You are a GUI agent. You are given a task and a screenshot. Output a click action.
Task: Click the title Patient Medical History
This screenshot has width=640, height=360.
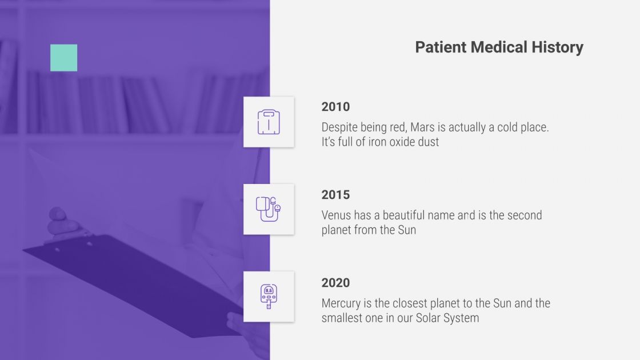pos(499,47)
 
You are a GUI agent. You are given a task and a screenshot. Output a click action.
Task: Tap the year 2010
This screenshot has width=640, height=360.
pos(335,107)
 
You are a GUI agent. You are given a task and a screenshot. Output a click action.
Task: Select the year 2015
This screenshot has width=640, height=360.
pos(335,195)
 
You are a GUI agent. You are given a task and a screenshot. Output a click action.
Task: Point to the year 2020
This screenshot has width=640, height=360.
pos(335,283)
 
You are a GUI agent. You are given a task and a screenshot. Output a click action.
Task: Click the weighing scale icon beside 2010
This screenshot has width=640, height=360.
pos(269,122)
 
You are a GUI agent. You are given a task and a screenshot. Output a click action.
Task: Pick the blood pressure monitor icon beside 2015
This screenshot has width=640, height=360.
pos(269,209)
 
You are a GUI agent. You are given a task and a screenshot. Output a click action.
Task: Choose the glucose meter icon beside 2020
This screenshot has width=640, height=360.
pos(269,297)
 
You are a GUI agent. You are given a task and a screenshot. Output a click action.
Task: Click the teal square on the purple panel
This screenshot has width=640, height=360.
pos(63,58)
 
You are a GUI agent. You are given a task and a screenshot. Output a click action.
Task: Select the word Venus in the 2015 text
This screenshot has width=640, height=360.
pos(337,215)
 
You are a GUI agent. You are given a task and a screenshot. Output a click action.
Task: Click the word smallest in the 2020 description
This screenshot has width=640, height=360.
pos(344,318)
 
